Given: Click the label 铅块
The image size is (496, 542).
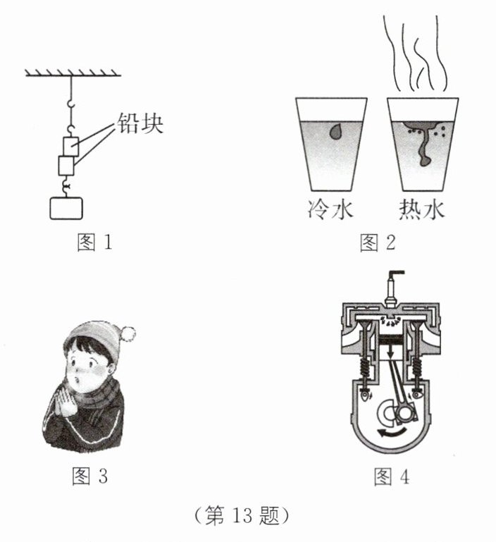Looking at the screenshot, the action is click(140, 123).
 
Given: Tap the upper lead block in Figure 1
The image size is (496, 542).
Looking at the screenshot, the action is click(70, 147).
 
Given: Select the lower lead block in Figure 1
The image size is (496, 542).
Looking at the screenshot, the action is click(66, 166).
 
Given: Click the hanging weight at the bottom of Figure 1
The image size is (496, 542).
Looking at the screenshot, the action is click(66, 209).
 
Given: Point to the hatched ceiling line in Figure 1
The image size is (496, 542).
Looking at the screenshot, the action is click(73, 73).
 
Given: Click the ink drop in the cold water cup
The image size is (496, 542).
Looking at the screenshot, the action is click(335, 131).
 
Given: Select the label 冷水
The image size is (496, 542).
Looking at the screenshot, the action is click(330, 209).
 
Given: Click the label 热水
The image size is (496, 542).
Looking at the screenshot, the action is click(422, 209).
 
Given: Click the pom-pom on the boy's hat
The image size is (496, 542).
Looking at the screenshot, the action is click(128, 334).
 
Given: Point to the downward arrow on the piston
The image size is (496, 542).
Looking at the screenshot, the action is click(390, 350).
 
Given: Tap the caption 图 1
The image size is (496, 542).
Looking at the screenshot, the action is click(94, 242).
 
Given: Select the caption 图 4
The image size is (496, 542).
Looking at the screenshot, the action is click(392, 477).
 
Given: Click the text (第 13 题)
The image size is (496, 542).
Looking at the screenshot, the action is click(241, 516).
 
